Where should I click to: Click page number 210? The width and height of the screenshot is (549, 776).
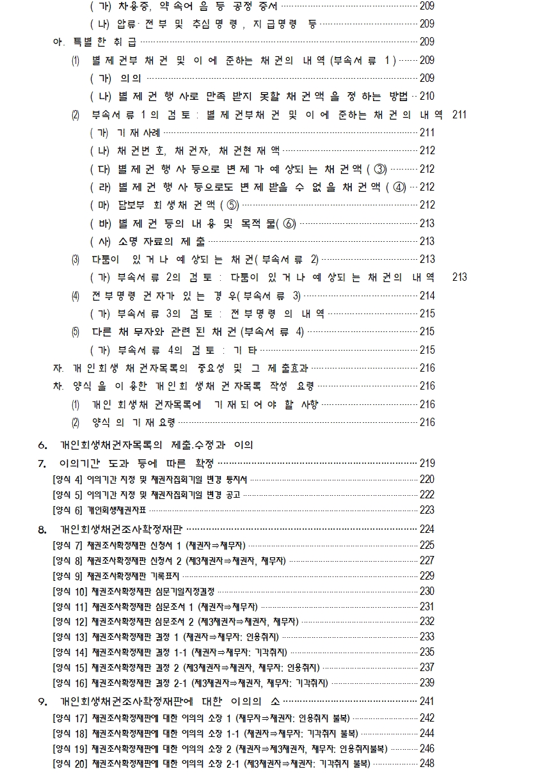[x=427, y=97]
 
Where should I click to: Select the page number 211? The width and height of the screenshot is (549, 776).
[x=459, y=115]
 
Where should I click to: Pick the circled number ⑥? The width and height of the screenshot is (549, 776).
[x=289, y=223]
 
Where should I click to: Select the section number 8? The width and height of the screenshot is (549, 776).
[x=42, y=530]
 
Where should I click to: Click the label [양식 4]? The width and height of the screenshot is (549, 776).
[x=67, y=479]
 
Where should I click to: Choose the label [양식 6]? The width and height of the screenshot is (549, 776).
[x=67, y=510]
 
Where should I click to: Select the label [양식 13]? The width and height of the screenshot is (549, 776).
[x=70, y=637]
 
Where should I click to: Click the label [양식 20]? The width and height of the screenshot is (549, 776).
[x=70, y=763]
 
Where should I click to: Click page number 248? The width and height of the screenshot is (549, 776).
[x=427, y=763]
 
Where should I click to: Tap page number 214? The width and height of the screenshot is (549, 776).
[x=427, y=296]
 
